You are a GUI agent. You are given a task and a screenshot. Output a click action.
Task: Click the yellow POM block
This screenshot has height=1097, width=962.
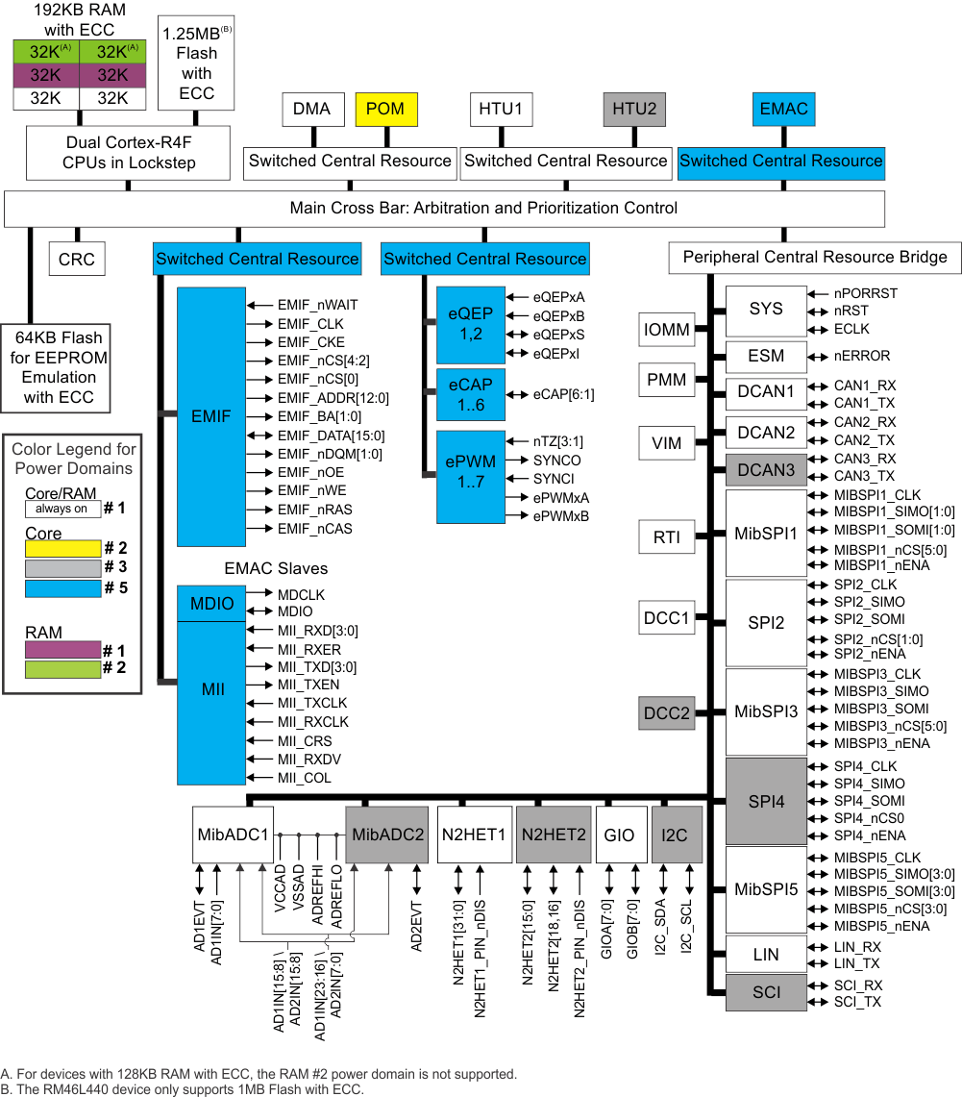(x=386, y=110)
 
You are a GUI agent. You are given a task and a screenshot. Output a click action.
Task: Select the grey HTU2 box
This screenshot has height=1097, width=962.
(x=634, y=110)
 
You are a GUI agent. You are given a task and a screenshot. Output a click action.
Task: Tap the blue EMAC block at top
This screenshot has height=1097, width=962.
(x=783, y=110)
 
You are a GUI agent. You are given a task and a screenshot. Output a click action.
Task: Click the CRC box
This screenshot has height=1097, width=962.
(x=77, y=259)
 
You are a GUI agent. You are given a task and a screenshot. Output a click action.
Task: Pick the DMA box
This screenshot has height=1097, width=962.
(x=311, y=110)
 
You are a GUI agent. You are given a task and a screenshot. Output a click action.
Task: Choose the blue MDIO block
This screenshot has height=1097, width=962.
(x=211, y=604)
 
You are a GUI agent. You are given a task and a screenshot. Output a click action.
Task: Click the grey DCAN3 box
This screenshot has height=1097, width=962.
(x=766, y=470)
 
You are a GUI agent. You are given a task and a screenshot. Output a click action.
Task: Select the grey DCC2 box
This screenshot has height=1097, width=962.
(x=667, y=713)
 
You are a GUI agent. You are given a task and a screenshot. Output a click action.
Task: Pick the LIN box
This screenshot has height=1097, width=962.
(x=766, y=956)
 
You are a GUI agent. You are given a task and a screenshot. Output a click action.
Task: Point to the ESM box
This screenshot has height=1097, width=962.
(x=766, y=356)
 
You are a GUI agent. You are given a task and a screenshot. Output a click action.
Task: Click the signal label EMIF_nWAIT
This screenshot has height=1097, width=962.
(x=317, y=305)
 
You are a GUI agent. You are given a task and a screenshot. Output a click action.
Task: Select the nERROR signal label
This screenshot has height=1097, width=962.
(x=862, y=356)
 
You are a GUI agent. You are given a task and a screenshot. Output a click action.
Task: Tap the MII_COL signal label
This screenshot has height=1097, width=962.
(x=304, y=777)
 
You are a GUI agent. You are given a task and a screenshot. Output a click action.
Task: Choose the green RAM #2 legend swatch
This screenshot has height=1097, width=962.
(x=62, y=667)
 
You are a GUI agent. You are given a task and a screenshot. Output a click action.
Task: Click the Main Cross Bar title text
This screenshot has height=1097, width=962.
(x=483, y=208)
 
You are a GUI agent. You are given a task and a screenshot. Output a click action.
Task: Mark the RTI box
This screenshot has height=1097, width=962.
(x=667, y=537)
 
